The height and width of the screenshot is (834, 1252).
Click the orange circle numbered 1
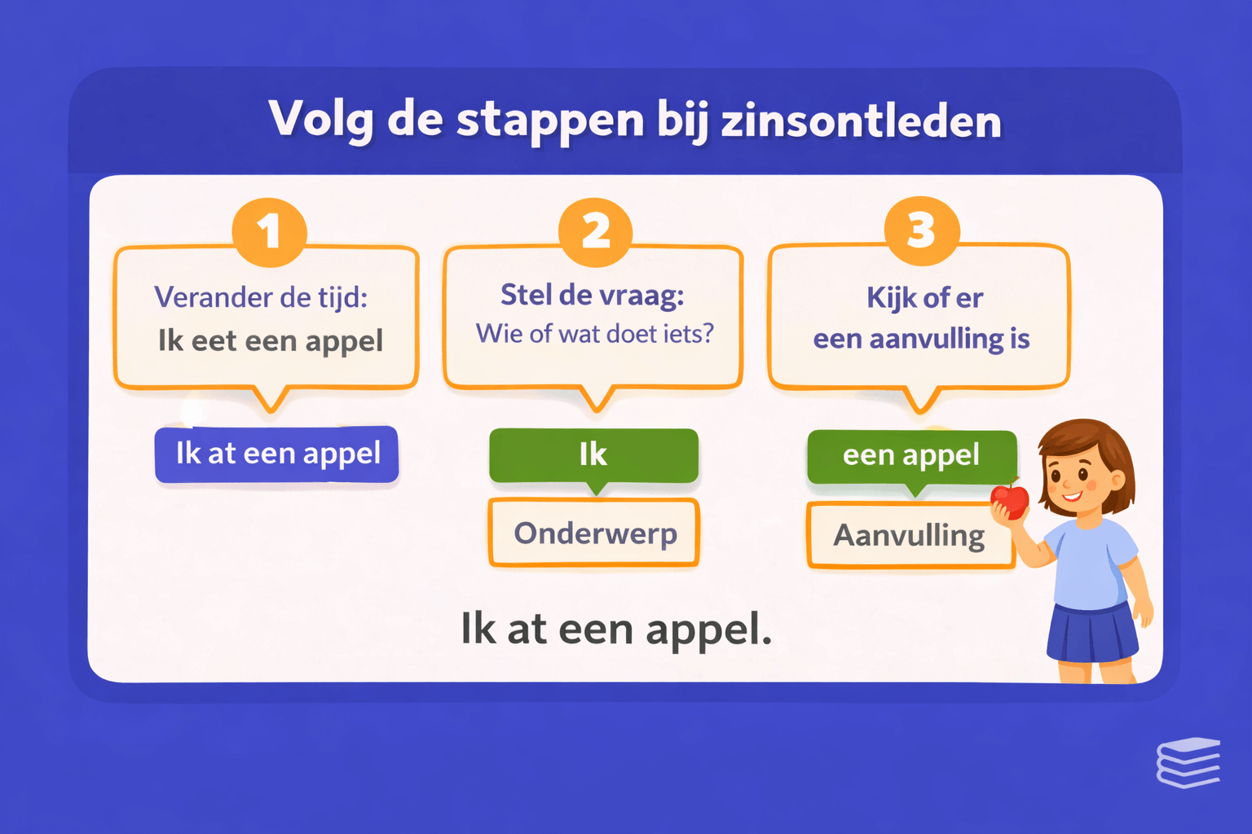pos(269,231)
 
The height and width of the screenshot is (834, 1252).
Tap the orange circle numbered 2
pos(596,231)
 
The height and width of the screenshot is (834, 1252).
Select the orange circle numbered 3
pos(922,230)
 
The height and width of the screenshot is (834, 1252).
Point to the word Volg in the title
pos(321,121)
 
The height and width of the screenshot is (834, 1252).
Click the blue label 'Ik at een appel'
pos(277,454)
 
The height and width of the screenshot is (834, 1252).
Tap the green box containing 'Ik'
pos(593,454)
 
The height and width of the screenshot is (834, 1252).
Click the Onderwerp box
pos(594,533)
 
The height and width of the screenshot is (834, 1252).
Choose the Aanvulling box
pos(909,536)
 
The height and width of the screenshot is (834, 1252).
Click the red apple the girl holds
pos(1011,499)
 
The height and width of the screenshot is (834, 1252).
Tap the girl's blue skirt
pos(1092,634)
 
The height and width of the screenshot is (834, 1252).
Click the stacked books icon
pos(1188,763)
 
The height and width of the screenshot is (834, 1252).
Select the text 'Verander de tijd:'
pos(261,297)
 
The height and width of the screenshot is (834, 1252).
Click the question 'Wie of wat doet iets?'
pos(594,334)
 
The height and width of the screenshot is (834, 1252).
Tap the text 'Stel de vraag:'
pos(593,295)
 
